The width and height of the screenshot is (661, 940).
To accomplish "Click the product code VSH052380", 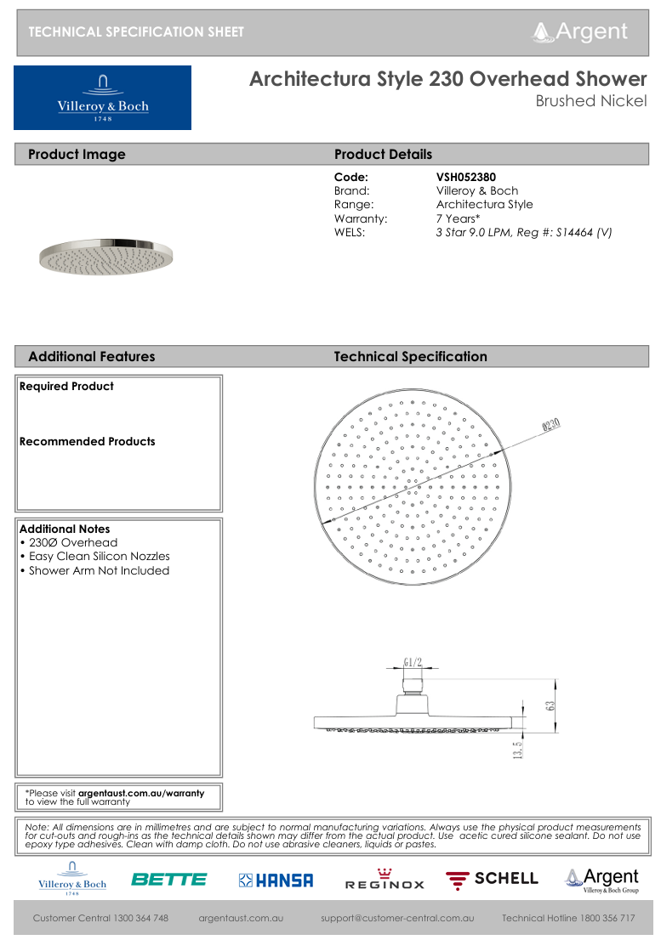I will pos(465,178).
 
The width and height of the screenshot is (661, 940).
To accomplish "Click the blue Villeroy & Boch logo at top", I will pos(102,98).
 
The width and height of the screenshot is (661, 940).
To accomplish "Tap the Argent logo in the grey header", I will pos(580,32).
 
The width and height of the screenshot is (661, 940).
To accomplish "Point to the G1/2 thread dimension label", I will pos(413,663).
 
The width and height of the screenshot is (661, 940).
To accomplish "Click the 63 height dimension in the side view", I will pos(550,705).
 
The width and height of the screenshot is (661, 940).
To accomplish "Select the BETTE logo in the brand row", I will pos(168,880).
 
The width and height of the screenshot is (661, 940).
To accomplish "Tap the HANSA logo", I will pos(276,881).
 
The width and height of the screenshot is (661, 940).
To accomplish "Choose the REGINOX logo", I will pos(385,881).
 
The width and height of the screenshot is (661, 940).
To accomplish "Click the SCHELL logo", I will pos(493,879).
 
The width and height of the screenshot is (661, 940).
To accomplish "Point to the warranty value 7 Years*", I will pos(458,218).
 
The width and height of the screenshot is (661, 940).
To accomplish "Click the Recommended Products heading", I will pos(88,441).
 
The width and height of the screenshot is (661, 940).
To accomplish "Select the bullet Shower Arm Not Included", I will pos(99,570).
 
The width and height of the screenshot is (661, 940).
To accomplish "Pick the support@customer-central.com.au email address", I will pos(397,918).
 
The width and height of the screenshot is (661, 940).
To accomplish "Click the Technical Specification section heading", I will pos(411,357).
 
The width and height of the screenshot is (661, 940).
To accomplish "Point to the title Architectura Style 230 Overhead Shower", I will pos(447,79).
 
